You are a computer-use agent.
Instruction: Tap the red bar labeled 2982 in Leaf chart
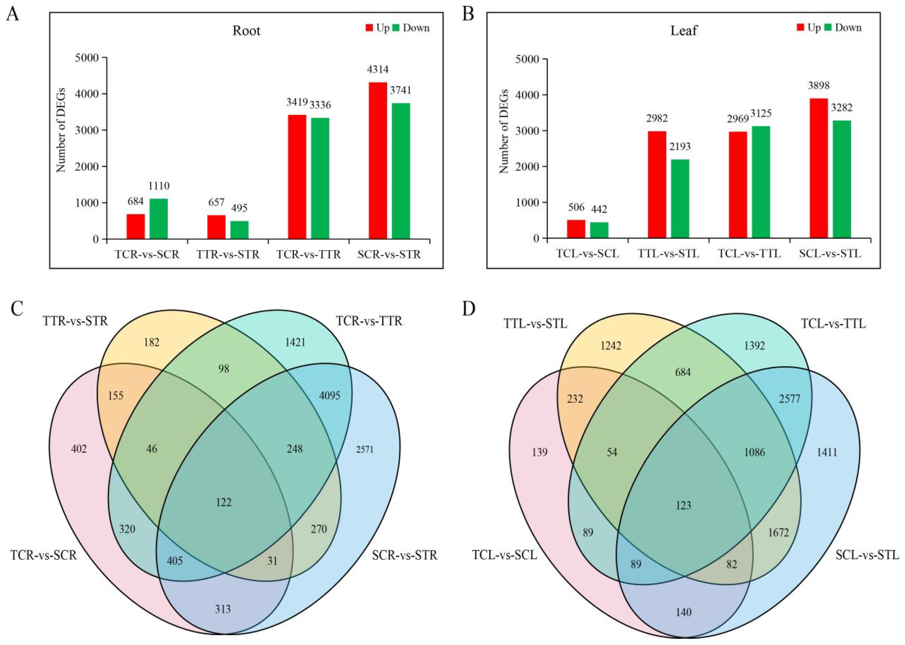(x=657, y=184)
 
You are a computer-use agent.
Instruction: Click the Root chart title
(x=246, y=31)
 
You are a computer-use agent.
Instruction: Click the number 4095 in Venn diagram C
(x=330, y=396)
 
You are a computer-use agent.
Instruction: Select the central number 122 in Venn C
(x=224, y=502)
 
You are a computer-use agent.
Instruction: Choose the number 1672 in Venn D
(x=778, y=532)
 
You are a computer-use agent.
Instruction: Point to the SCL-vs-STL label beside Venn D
(x=867, y=555)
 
